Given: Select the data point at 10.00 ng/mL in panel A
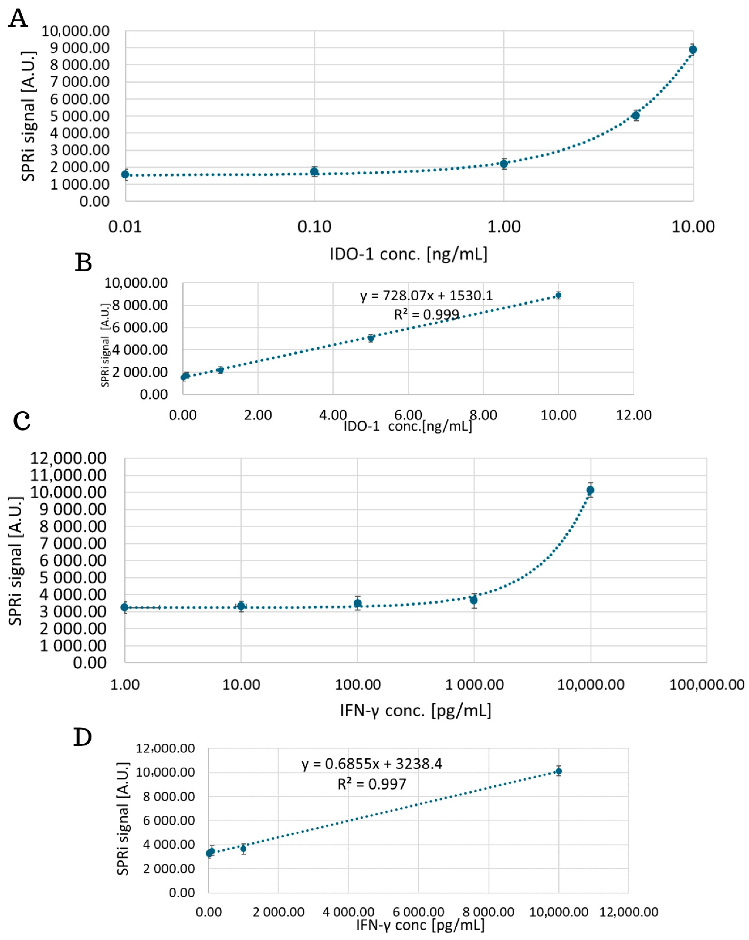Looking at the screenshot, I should pyautogui.click(x=692, y=50).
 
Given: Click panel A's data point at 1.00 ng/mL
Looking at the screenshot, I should pyautogui.click(x=504, y=164).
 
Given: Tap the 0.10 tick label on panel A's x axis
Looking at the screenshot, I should pyautogui.click(x=314, y=227).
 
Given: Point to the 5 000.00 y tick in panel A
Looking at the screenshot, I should pyautogui.click(x=79, y=116).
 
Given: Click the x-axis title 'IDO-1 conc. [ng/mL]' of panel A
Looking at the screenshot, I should pyautogui.click(x=408, y=254).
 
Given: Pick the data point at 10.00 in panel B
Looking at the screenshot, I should pyautogui.click(x=558, y=296).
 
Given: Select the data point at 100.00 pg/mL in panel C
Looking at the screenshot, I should pyautogui.click(x=358, y=603).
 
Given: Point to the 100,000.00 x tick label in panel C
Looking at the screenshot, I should pyautogui.click(x=706, y=684).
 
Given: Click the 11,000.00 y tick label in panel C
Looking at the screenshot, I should pyautogui.click(x=68, y=475).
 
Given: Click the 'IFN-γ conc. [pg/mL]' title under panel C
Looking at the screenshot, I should pyautogui.click(x=415, y=711).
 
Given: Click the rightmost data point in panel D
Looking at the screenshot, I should pyautogui.click(x=558, y=771).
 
